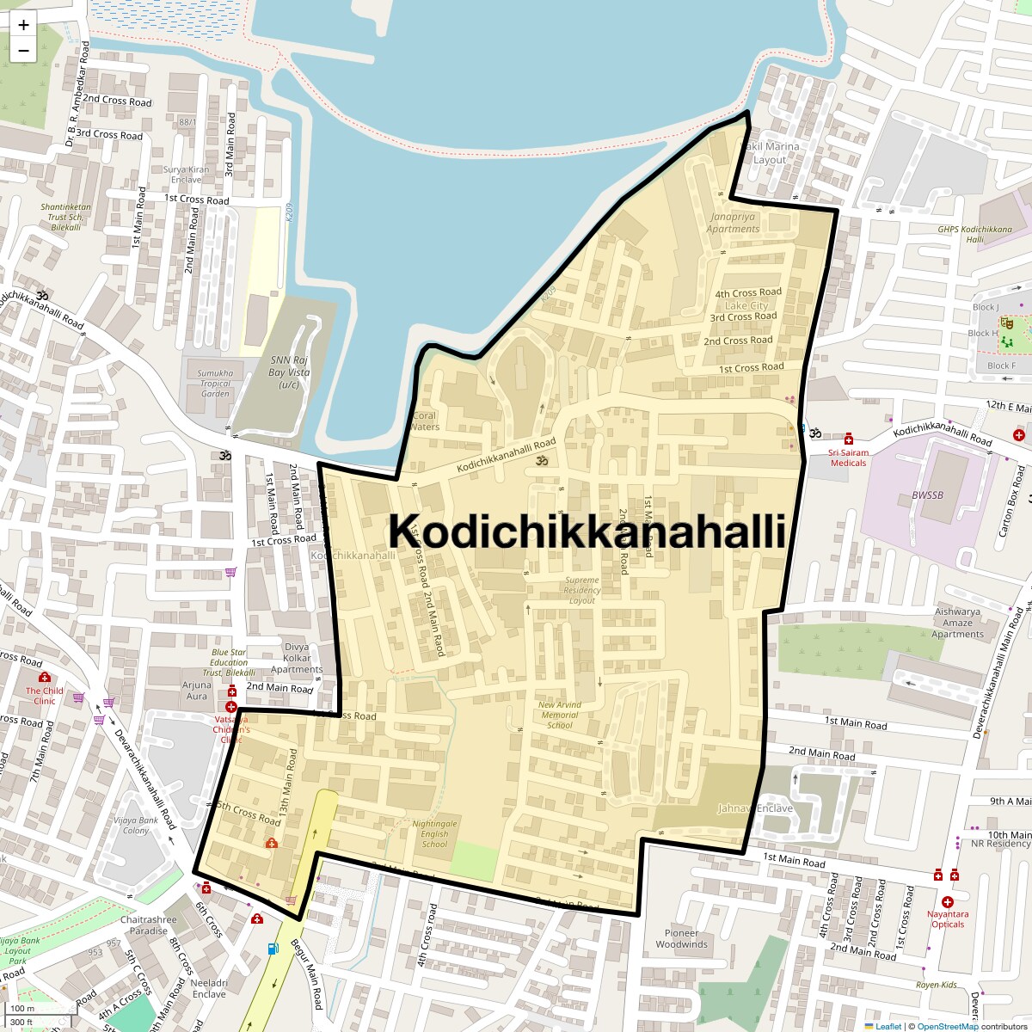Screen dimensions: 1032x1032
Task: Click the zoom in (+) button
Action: (x=23, y=25)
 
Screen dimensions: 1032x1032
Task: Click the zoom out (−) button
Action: (x=23, y=50)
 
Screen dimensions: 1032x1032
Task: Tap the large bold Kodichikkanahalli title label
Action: (x=587, y=531)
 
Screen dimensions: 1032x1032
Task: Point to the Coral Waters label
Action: (x=424, y=421)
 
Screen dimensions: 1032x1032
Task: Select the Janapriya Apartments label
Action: (x=733, y=223)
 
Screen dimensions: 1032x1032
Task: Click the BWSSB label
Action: (x=927, y=495)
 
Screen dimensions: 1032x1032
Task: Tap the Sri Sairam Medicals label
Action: (x=849, y=458)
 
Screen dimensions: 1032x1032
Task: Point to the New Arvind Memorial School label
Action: (x=559, y=715)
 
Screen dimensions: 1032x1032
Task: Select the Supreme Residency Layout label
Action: (x=582, y=591)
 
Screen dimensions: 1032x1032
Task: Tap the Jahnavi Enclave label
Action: (x=755, y=808)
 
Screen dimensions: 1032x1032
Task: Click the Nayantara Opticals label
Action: (x=948, y=919)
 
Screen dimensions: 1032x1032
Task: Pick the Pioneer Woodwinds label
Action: (x=682, y=938)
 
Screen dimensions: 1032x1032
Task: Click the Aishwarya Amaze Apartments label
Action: (x=957, y=623)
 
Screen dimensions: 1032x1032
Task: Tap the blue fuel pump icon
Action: (x=273, y=949)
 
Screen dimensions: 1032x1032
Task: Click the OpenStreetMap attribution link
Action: (x=947, y=1026)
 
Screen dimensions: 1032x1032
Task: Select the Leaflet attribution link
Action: (x=888, y=1026)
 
